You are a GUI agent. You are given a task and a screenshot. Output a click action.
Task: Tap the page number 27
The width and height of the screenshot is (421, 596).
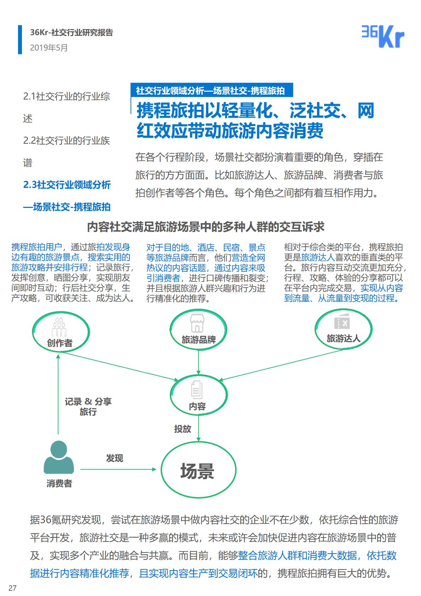(x=13, y=588)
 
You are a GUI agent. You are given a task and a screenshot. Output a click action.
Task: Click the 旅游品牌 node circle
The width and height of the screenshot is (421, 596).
(x=198, y=330)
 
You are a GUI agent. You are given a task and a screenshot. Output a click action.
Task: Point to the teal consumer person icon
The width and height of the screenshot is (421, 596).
(x=59, y=457)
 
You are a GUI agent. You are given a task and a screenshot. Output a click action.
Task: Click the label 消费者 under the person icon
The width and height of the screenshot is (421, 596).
(x=59, y=483)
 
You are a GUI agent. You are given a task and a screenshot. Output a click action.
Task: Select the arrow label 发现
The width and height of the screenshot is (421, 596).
(x=115, y=458)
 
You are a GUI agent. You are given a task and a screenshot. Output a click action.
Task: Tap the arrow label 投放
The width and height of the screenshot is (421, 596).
(x=183, y=429)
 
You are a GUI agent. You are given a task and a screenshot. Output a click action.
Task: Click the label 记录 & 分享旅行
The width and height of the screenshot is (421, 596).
(x=88, y=407)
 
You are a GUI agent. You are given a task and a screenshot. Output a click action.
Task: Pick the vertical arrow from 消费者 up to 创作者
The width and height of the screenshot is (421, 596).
(x=58, y=393)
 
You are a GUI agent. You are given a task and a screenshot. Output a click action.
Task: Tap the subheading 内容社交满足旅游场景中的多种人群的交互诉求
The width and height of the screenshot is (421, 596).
(x=206, y=227)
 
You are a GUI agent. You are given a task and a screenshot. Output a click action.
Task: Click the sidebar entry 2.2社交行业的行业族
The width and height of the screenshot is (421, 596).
(x=67, y=141)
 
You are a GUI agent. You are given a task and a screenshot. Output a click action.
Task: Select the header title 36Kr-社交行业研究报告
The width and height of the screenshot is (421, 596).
(x=71, y=33)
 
